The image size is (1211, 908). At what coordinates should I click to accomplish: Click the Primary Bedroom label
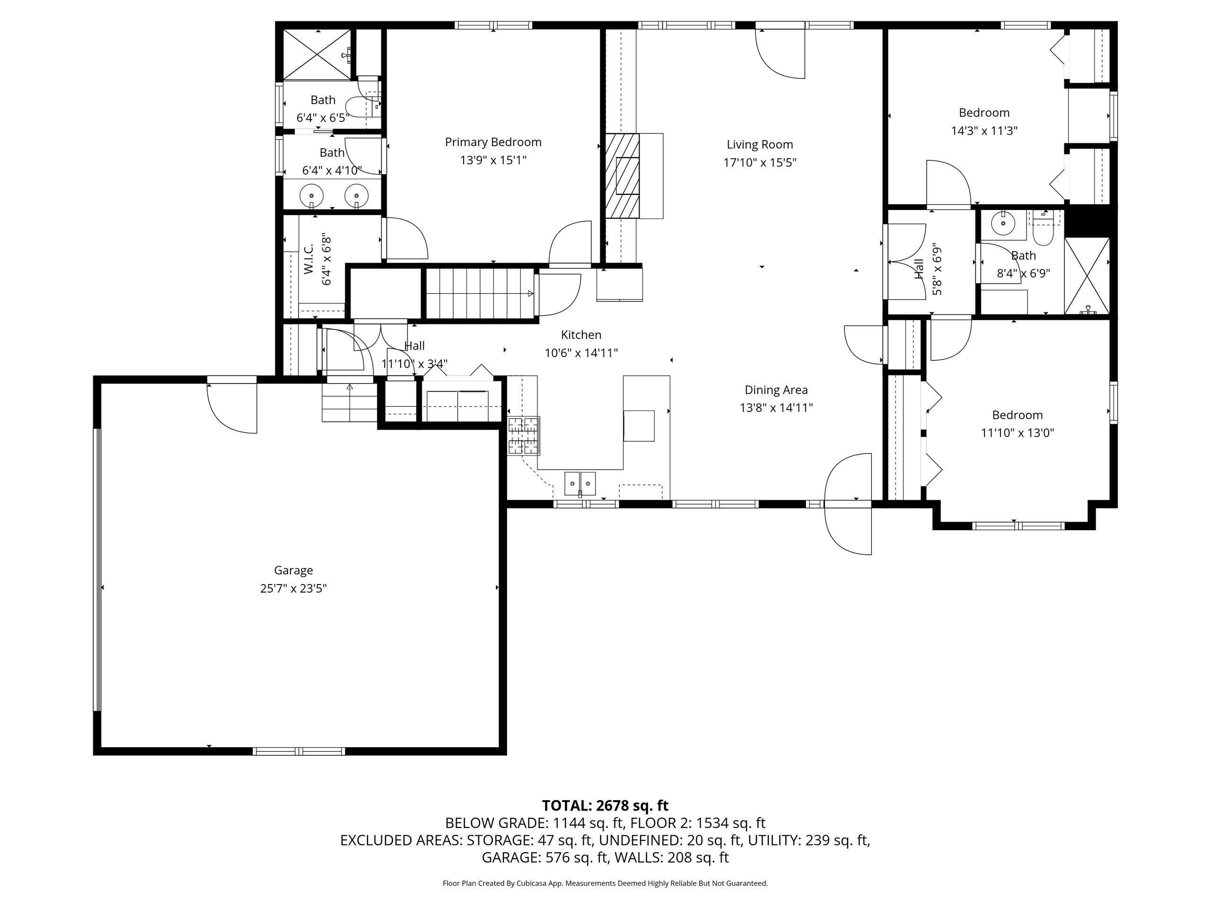point(493,142)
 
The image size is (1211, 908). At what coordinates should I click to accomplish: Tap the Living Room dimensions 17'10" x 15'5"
point(760,163)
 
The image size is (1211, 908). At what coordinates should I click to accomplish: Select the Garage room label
point(293,570)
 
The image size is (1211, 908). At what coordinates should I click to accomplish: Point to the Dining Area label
point(776,390)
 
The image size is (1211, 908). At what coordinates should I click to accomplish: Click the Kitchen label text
point(581,335)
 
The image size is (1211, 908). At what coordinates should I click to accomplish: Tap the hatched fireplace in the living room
point(622,176)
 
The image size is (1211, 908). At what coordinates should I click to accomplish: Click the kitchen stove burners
point(524,436)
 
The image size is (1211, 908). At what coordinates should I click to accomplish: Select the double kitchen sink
point(580,484)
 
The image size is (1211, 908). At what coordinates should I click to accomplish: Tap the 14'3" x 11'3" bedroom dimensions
point(984,131)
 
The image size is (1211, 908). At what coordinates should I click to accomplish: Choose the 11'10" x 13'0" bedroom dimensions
point(1017,433)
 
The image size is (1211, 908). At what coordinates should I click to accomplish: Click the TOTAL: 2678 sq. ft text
point(605,806)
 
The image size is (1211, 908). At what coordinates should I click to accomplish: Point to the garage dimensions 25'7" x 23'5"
point(293,588)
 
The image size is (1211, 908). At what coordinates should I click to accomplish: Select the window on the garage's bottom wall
point(299,751)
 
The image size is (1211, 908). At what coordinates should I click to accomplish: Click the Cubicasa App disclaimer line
point(605,883)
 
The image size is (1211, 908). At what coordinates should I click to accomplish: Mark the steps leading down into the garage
point(349,402)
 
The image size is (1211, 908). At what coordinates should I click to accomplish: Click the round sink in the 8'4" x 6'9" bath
point(1003,224)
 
